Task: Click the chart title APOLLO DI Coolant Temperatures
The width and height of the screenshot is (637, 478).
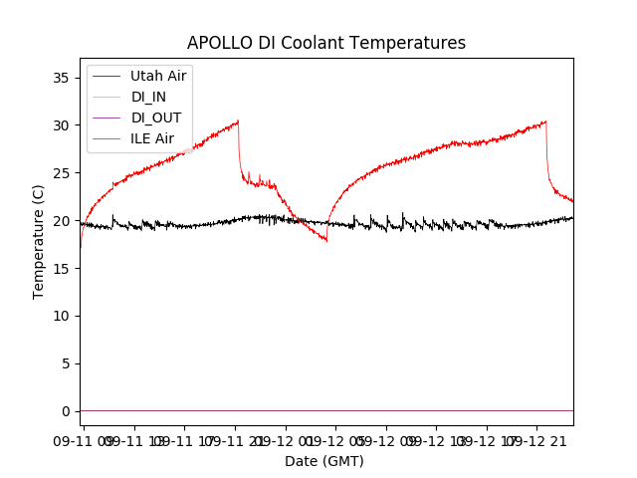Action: tap(326, 43)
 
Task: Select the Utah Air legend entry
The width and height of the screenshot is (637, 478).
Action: tap(158, 75)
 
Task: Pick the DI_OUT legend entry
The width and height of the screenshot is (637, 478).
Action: tap(156, 117)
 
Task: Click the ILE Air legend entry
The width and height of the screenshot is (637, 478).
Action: tap(153, 138)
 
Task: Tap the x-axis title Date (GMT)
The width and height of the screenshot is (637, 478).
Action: tap(324, 461)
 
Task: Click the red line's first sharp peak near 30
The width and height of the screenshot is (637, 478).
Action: tap(238, 121)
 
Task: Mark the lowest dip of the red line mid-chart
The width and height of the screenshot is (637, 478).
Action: tap(326, 240)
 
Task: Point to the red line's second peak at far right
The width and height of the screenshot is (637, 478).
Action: tap(545, 121)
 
